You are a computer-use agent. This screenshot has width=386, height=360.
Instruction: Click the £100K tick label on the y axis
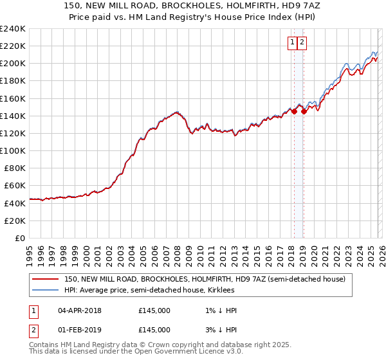12,150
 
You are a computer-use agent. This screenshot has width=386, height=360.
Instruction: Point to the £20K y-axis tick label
15,221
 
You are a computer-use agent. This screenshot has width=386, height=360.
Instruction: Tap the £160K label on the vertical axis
12,98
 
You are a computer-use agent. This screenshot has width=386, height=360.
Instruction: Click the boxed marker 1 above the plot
293,43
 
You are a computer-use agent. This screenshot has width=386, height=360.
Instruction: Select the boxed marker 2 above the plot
302,43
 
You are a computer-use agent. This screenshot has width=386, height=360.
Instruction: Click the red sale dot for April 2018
294,111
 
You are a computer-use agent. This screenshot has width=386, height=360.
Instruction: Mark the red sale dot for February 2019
304,111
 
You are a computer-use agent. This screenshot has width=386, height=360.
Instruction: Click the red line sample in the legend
46,279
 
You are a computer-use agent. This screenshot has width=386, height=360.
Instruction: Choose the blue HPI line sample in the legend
46,290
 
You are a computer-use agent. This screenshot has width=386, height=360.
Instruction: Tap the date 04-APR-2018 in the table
80,310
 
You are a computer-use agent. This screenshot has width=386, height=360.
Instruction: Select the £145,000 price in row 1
154,310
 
